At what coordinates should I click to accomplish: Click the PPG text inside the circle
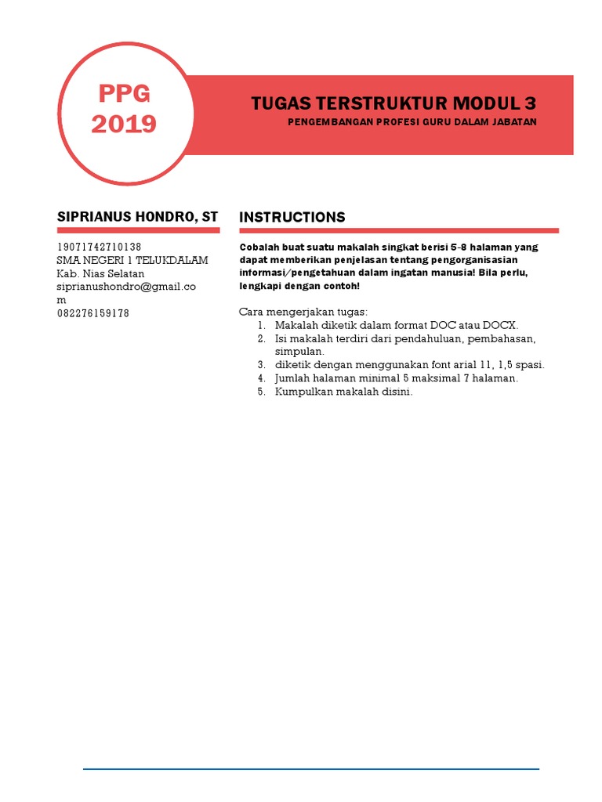coord(124,94)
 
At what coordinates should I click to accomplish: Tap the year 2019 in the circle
coord(124,124)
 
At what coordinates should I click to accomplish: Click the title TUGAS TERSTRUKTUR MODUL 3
coord(393,103)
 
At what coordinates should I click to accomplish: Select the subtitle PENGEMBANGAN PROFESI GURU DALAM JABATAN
coord(412,122)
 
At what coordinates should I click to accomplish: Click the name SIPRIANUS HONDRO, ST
coord(137,216)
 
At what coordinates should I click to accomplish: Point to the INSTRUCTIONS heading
coord(292,217)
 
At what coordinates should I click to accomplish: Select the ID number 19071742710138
coord(100,247)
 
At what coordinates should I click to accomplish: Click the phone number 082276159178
coord(93,313)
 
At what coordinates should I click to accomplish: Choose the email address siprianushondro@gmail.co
coord(126,287)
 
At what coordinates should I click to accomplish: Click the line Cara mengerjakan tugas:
coord(303,312)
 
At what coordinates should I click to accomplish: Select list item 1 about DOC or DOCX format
coord(397,325)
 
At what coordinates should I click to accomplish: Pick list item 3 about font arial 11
coord(409,365)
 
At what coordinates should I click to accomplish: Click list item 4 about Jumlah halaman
coord(396,378)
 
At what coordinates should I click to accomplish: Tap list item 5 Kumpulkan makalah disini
coord(343,392)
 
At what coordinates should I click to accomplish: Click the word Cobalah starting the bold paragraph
coord(259,247)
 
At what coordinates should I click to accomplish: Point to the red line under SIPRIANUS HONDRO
coord(138,230)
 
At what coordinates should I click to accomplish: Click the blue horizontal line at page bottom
coord(311,769)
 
